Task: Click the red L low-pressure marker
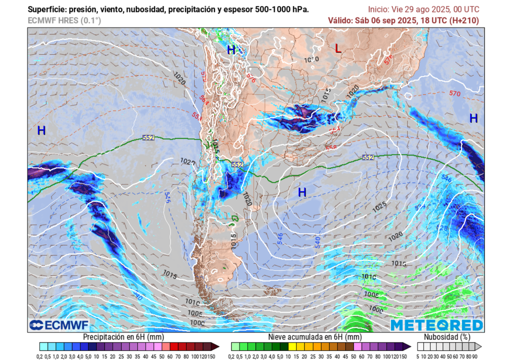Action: coord(338,48)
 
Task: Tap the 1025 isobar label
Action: coord(380,205)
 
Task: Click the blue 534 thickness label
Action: coord(419,206)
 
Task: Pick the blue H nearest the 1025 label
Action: coord(302,192)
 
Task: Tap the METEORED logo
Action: coord(436,325)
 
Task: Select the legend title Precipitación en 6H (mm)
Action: coord(123,337)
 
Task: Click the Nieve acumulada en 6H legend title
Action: coord(314,337)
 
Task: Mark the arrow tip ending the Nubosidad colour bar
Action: coord(480,346)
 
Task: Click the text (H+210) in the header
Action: coord(462,20)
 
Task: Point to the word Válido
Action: coord(340,20)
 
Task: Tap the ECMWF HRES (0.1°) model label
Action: coord(64,20)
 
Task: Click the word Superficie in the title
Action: coord(46,9)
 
